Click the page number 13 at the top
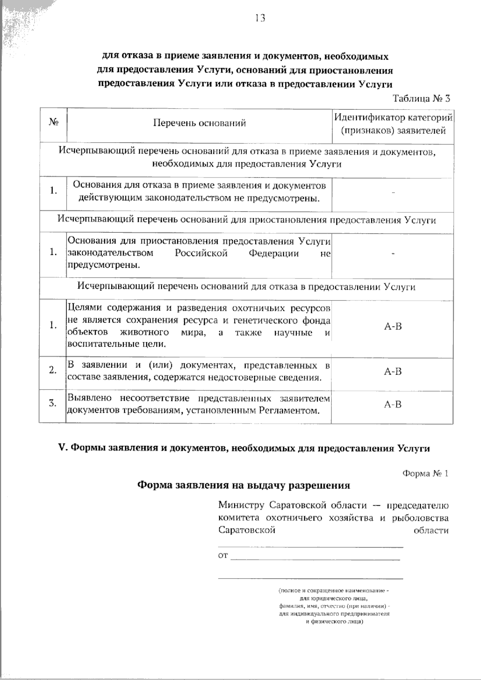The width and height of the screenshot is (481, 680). [x=259, y=18]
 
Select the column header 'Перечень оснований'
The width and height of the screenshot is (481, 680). [x=199, y=123]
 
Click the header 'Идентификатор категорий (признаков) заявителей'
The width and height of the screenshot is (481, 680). [x=393, y=124]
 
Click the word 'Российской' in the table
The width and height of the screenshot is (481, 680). [x=201, y=253]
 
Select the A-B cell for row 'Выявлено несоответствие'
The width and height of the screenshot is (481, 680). [x=392, y=405]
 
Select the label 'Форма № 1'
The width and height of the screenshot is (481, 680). [x=425, y=474]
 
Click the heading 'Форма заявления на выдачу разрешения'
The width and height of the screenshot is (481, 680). [x=244, y=485]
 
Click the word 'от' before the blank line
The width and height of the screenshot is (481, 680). [x=223, y=556]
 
